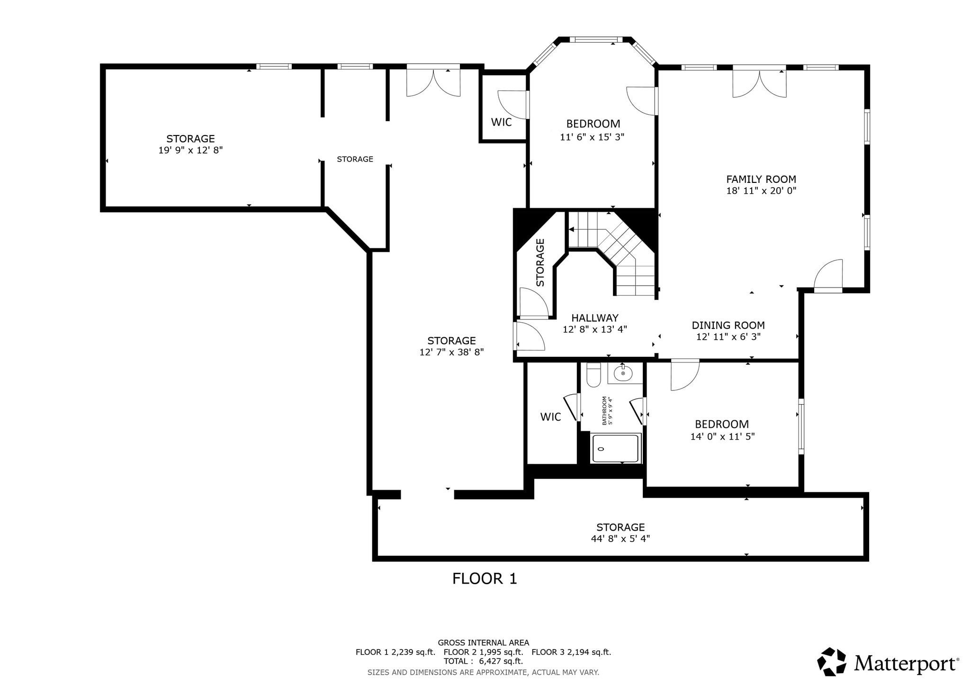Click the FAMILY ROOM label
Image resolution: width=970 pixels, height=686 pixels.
pos(761,180)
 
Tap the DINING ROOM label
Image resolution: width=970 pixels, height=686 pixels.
pos(728,325)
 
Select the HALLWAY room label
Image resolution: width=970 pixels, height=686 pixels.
pos(595,318)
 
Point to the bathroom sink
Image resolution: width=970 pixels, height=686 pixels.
pos(623,373)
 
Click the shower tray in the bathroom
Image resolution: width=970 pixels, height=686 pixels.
pos(616,448)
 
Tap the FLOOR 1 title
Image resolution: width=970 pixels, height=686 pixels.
pos(485,578)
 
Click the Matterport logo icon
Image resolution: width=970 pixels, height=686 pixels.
pos(832,661)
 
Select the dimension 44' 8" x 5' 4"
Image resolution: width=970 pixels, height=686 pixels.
pos(620,539)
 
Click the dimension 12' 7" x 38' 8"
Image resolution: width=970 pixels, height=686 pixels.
pos(451,352)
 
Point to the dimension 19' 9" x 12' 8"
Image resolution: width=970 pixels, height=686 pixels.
pos(190,150)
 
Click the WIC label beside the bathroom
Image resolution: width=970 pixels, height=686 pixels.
pos(550,417)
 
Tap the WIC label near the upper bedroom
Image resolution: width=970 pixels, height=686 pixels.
pos(501,122)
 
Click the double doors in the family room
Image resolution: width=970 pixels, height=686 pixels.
pos(760,84)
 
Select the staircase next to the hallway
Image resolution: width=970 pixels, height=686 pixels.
pos(612,253)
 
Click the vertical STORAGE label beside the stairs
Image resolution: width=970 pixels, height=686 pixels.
pos(540,262)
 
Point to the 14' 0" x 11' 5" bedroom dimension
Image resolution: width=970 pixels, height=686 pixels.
pos(722,436)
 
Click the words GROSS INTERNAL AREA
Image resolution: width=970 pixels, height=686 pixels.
pos(483,643)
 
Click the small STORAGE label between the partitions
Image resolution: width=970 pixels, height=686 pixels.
pos(355,159)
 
